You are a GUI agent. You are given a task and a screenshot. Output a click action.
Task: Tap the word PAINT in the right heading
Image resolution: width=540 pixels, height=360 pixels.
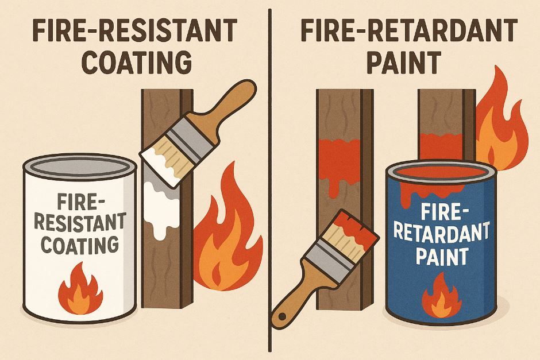click(x=404, y=63)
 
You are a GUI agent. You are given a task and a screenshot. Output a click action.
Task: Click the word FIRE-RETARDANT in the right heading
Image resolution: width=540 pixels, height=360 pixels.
click(x=408, y=30)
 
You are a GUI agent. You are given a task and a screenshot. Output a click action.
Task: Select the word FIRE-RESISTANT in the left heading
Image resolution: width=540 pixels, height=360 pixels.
click(x=134, y=30)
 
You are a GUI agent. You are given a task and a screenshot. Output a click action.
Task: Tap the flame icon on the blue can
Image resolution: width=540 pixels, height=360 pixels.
click(x=442, y=296)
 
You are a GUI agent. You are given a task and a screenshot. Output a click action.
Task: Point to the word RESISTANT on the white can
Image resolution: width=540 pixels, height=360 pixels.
click(x=80, y=222)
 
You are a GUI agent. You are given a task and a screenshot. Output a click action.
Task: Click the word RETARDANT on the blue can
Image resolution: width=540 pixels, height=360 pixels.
click(x=442, y=232)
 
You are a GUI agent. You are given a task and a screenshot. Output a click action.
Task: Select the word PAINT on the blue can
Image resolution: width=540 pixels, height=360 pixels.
click(x=442, y=255)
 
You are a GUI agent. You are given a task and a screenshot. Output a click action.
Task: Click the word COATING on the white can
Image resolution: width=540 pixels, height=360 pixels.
click(x=80, y=245)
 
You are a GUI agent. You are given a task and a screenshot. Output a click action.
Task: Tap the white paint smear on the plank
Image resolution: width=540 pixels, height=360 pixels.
click(x=161, y=200)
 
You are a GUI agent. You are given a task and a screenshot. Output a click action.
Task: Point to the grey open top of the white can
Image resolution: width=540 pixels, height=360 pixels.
click(x=79, y=166)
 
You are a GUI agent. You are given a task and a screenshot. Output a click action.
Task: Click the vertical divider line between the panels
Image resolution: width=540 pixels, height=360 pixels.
click(x=270, y=181)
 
